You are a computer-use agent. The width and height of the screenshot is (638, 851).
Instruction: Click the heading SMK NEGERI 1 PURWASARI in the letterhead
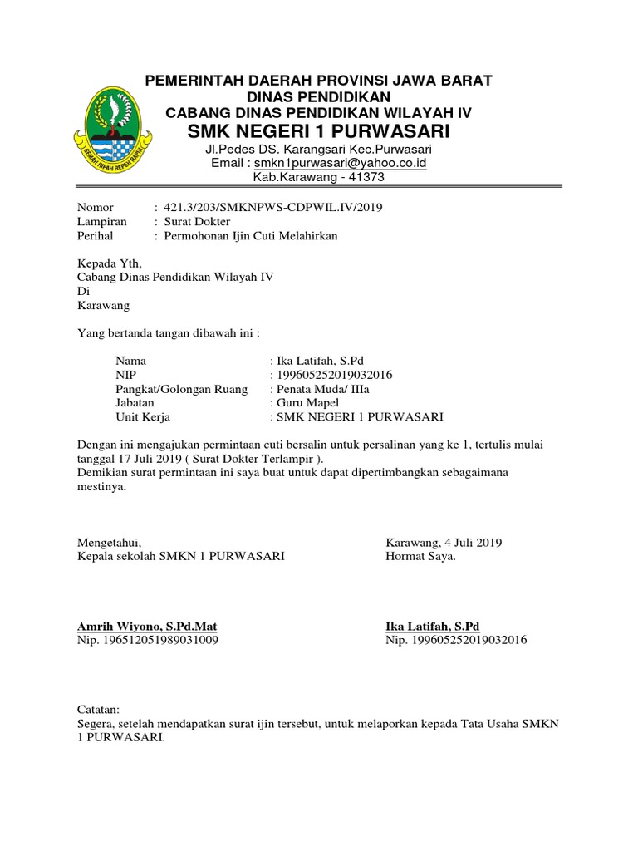pyautogui.click(x=318, y=131)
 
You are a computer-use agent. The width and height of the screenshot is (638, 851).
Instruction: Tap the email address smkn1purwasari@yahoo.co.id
pyautogui.click(x=340, y=163)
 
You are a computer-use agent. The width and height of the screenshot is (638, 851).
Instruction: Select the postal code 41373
pyautogui.click(x=367, y=177)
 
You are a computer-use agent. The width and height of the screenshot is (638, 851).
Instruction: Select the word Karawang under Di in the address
pyautogui.click(x=104, y=306)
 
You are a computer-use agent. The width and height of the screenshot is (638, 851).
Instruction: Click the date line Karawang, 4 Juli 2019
pyautogui.click(x=444, y=543)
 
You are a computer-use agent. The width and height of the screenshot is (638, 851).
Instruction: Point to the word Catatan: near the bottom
pyautogui.click(x=98, y=710)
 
